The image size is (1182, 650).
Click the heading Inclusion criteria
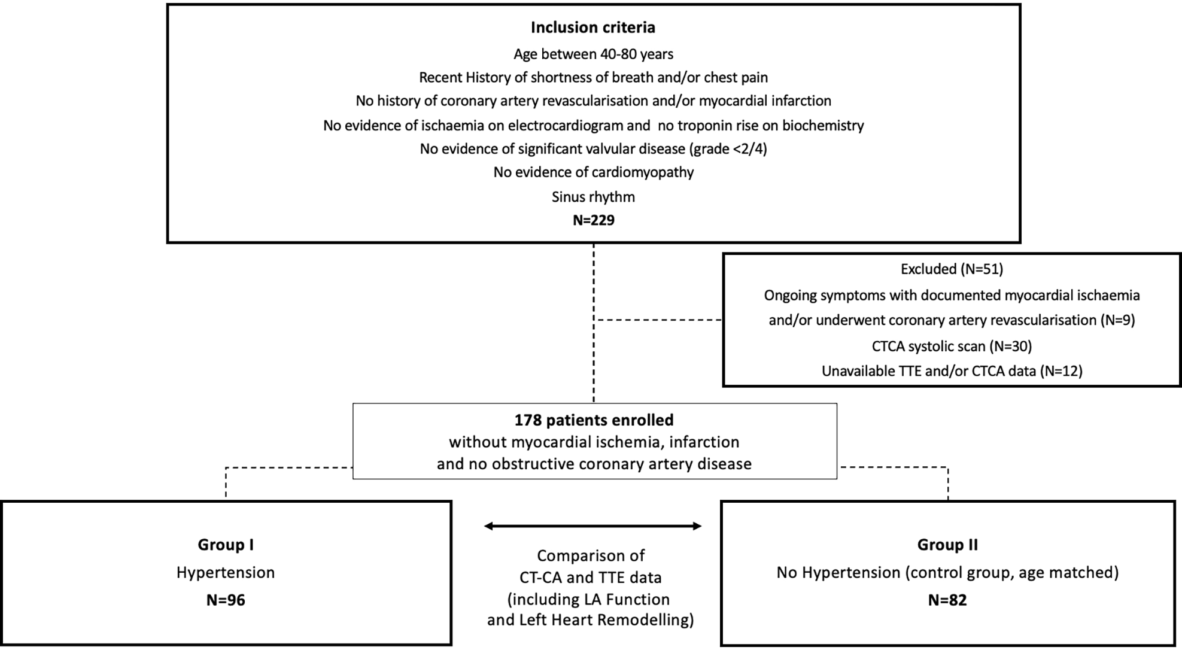[592, 28]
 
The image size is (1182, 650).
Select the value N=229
[593, 220]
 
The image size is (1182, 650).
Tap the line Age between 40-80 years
[593, 54]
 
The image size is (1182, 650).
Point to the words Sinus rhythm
[593, 197]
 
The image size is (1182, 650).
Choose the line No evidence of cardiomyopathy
[593, 172]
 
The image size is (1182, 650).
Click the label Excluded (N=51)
[952, 269]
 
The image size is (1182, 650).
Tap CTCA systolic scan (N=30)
[952, 346]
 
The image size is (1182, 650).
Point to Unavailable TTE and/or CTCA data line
[952, 371]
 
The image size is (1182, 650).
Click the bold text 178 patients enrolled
[594, 420]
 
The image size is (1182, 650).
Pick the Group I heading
[226, 545]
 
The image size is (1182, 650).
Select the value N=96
[226, 600]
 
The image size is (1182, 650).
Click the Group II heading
[947, 545]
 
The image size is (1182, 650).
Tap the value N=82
[947, 600]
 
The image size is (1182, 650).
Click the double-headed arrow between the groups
[592, 526]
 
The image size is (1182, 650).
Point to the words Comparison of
[591, 556]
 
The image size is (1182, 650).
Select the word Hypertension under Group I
[226, 573]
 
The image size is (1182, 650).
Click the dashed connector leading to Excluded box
[658, 320]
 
